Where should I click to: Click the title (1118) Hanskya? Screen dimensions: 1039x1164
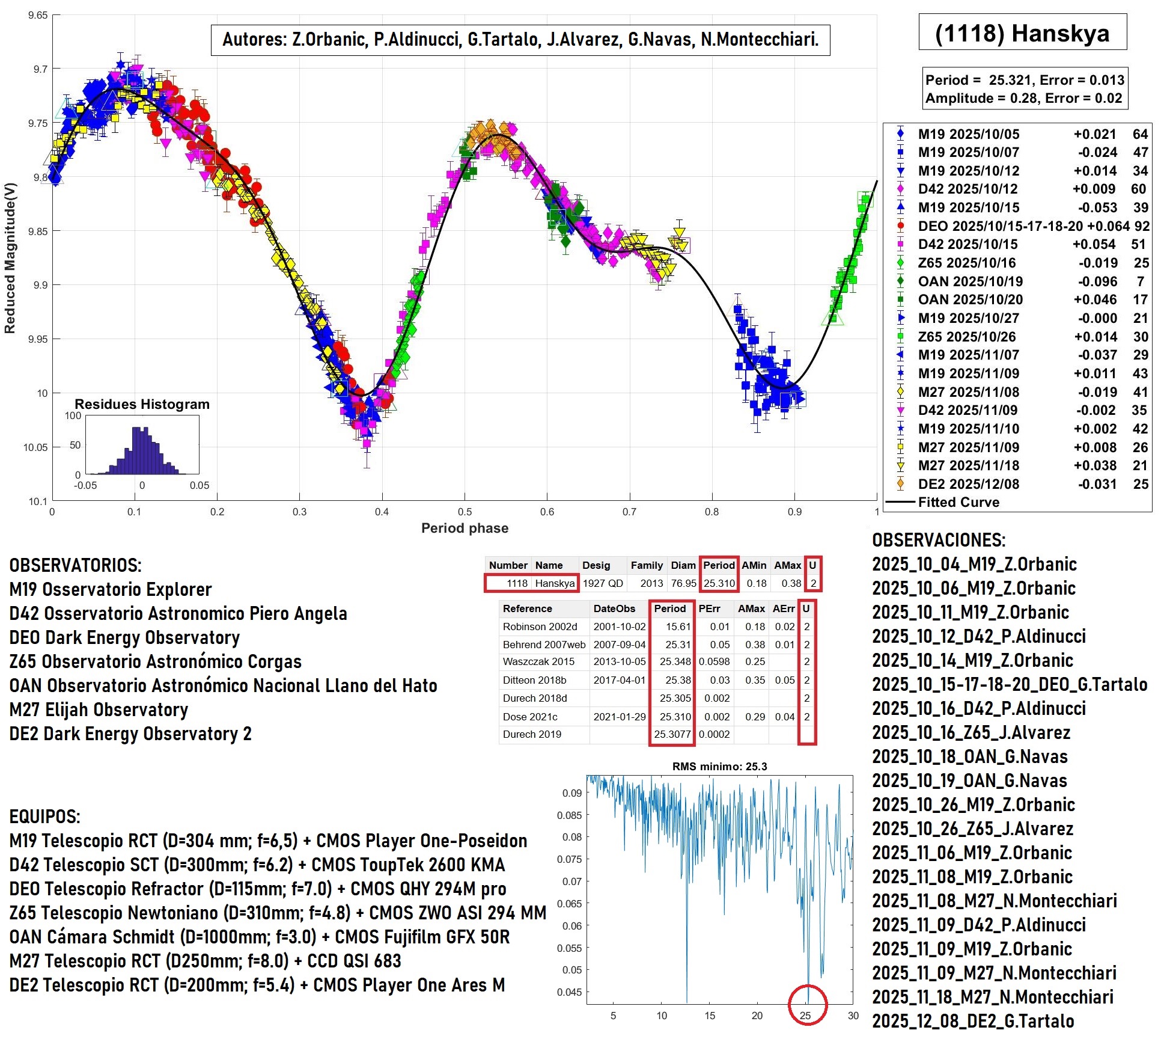point(1022,33)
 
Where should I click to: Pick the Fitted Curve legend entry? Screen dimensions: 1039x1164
point(958,502)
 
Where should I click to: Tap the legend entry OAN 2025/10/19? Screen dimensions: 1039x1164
point(970,281)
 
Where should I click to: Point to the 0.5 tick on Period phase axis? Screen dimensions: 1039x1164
point(465,512)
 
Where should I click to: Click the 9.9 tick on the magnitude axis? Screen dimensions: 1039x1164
point(40,285)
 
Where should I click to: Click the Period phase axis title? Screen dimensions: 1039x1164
point(465,528)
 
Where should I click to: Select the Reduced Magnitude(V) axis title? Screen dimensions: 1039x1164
point(10,258)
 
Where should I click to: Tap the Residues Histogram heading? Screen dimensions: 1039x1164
point(142,404)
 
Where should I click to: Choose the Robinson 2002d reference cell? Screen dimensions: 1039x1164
point(540,627)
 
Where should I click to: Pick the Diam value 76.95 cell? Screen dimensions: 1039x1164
point(683,583)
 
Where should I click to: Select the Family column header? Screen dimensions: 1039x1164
point(647,565)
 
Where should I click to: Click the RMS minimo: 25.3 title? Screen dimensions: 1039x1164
point(719,767)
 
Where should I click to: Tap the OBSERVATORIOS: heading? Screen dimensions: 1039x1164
point(75,565)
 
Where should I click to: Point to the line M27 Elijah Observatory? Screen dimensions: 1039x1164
point(99,710)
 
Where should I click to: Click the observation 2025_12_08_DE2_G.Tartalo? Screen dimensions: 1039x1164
point(973,1021)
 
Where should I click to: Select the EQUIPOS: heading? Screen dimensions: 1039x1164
point(44,817)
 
